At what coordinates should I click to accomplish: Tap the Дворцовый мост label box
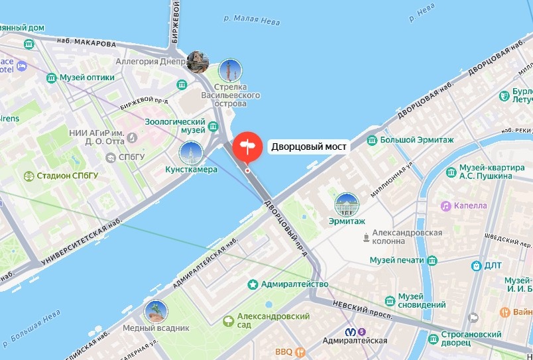pos(308,147)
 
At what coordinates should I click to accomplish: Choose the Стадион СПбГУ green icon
pos(29,176)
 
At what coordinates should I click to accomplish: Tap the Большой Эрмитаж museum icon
pos(373,140)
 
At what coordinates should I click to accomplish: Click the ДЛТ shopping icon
pos(476,266)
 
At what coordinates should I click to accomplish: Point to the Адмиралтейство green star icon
pos(253,284)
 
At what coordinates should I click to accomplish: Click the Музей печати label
pos(396,260)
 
